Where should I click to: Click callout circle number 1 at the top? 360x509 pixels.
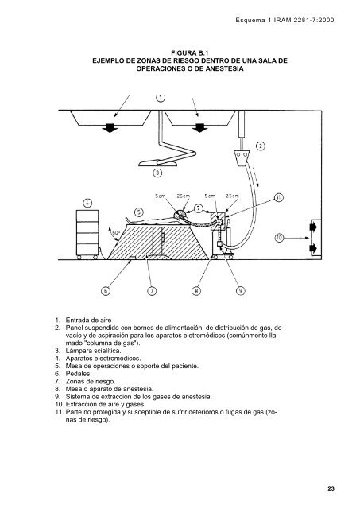click(160, 99)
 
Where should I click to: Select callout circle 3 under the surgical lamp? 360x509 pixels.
click(157, 172)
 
